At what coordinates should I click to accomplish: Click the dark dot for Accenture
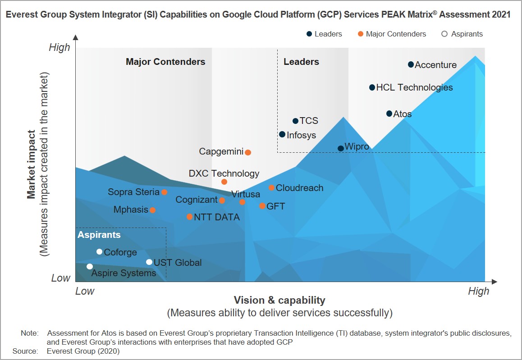(411, 64)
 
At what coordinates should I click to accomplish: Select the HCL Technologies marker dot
(372, 87)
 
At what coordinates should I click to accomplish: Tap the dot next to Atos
(389, 114)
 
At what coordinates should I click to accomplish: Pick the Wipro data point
(341, 148)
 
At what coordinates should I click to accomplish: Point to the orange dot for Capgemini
(247, 152)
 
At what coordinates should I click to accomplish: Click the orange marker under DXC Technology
(224, 182)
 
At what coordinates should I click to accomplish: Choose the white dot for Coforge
(99, 251)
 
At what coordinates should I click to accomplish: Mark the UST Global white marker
(149, 262)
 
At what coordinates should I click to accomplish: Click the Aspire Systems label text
(124, 273)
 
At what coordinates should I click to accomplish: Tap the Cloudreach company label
(300, 188)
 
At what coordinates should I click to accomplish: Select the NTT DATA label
(217, 217)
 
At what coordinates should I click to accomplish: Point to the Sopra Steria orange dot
(164, 192)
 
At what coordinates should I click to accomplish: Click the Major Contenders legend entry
(392, 34)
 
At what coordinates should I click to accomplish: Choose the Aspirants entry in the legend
(462, 34)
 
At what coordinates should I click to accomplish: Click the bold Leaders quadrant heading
(301, 62)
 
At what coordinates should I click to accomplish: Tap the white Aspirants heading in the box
(99, 235)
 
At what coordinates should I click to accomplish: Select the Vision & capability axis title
(279, 300)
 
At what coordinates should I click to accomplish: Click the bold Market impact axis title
(31, 164)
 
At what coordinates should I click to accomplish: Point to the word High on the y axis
(60, 48)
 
